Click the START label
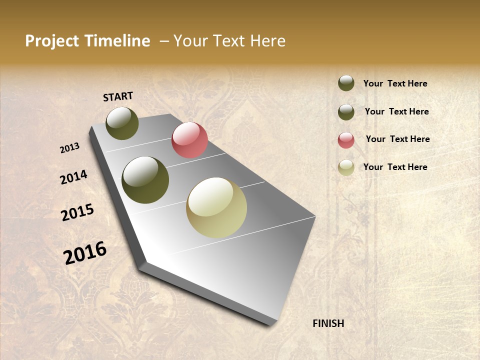(118, 96)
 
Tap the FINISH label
(328, 323)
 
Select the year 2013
(69, 148)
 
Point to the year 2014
(73, 177)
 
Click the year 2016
(85, 253)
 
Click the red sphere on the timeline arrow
(189, 140)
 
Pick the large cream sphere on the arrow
(216, 207)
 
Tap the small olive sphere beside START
(122, 123)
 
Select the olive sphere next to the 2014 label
(145, 180)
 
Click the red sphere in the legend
(346, 140)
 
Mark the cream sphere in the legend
(346, 167)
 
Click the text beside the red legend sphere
(397, 139)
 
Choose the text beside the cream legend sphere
(395, 167)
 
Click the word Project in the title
(52, 41)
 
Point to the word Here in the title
(267, 41)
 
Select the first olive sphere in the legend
(346, 83)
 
